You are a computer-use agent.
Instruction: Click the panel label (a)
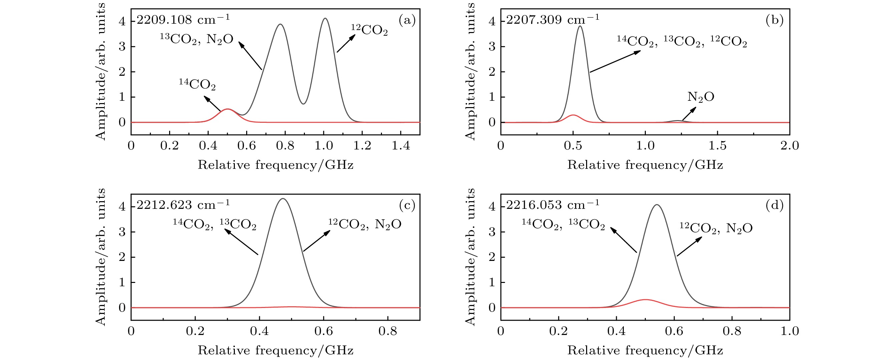[407, 20]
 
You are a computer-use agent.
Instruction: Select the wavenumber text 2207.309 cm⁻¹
[552, 19]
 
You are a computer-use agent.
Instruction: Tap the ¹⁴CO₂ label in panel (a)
[197, 84]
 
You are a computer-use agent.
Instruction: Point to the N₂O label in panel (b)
[701, 97]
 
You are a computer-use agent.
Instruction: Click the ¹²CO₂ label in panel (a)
[369, 30]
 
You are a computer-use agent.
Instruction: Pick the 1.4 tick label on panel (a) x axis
[401, 146]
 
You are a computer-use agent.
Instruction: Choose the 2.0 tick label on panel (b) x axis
[789, 146]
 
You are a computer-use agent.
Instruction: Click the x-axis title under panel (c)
[276, 350]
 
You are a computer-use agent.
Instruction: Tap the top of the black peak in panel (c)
[283, 199]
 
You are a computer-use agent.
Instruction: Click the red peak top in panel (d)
[645, 299]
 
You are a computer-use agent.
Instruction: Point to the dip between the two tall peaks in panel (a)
[303, 104]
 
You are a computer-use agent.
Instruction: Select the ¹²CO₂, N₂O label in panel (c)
[365, 225]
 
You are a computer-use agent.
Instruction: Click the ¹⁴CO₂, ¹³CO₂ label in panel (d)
[563, 225]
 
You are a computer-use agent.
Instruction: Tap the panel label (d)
[775, 205]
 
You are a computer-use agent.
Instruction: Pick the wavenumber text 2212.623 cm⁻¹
[183, 205]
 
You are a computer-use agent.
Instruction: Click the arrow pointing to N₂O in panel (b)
[689, 114]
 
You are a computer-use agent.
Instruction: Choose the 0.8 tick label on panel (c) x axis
[388, 331]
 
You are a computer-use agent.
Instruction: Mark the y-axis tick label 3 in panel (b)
[492, 47]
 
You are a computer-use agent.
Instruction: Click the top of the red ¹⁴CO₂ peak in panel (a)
[227, 109]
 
